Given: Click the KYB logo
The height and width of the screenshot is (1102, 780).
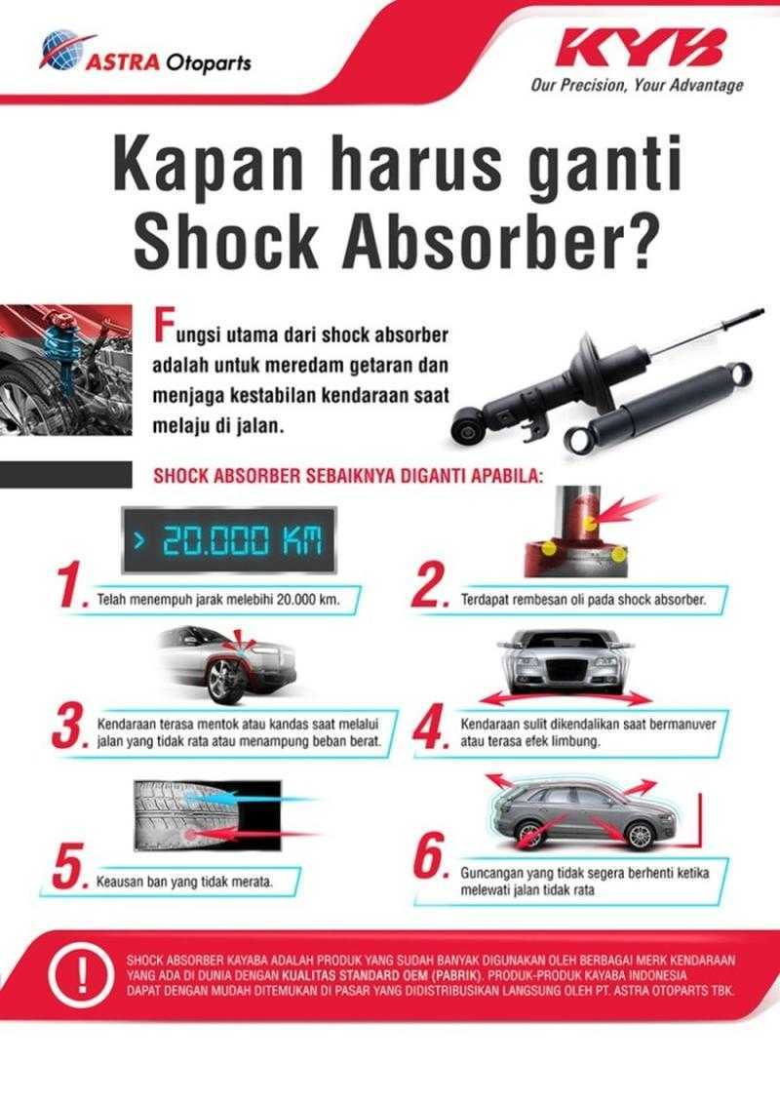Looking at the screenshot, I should click(x=643, y=49).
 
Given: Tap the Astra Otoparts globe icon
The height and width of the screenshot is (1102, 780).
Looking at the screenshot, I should click(x=60, y=49).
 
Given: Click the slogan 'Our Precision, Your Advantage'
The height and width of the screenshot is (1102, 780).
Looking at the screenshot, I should click(x=637, y=85).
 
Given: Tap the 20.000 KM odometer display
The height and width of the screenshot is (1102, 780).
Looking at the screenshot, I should click(x=227, y=539).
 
